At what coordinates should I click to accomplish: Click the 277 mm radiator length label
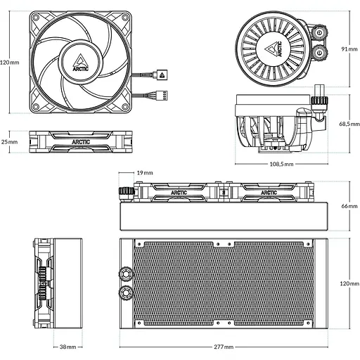point(224,347)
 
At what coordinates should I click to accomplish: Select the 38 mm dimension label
point(67,347)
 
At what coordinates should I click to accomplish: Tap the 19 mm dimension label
point(145,173)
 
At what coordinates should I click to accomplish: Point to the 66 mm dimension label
point(349,206)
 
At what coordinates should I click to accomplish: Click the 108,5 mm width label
point(281,164)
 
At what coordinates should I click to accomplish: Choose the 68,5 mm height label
point(349,124)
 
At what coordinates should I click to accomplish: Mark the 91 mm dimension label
point(349,49)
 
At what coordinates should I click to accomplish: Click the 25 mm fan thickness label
point(9,142)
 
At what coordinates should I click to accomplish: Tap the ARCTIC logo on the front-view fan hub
point(81,63)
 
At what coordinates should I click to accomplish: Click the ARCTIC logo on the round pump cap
point(274,49)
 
